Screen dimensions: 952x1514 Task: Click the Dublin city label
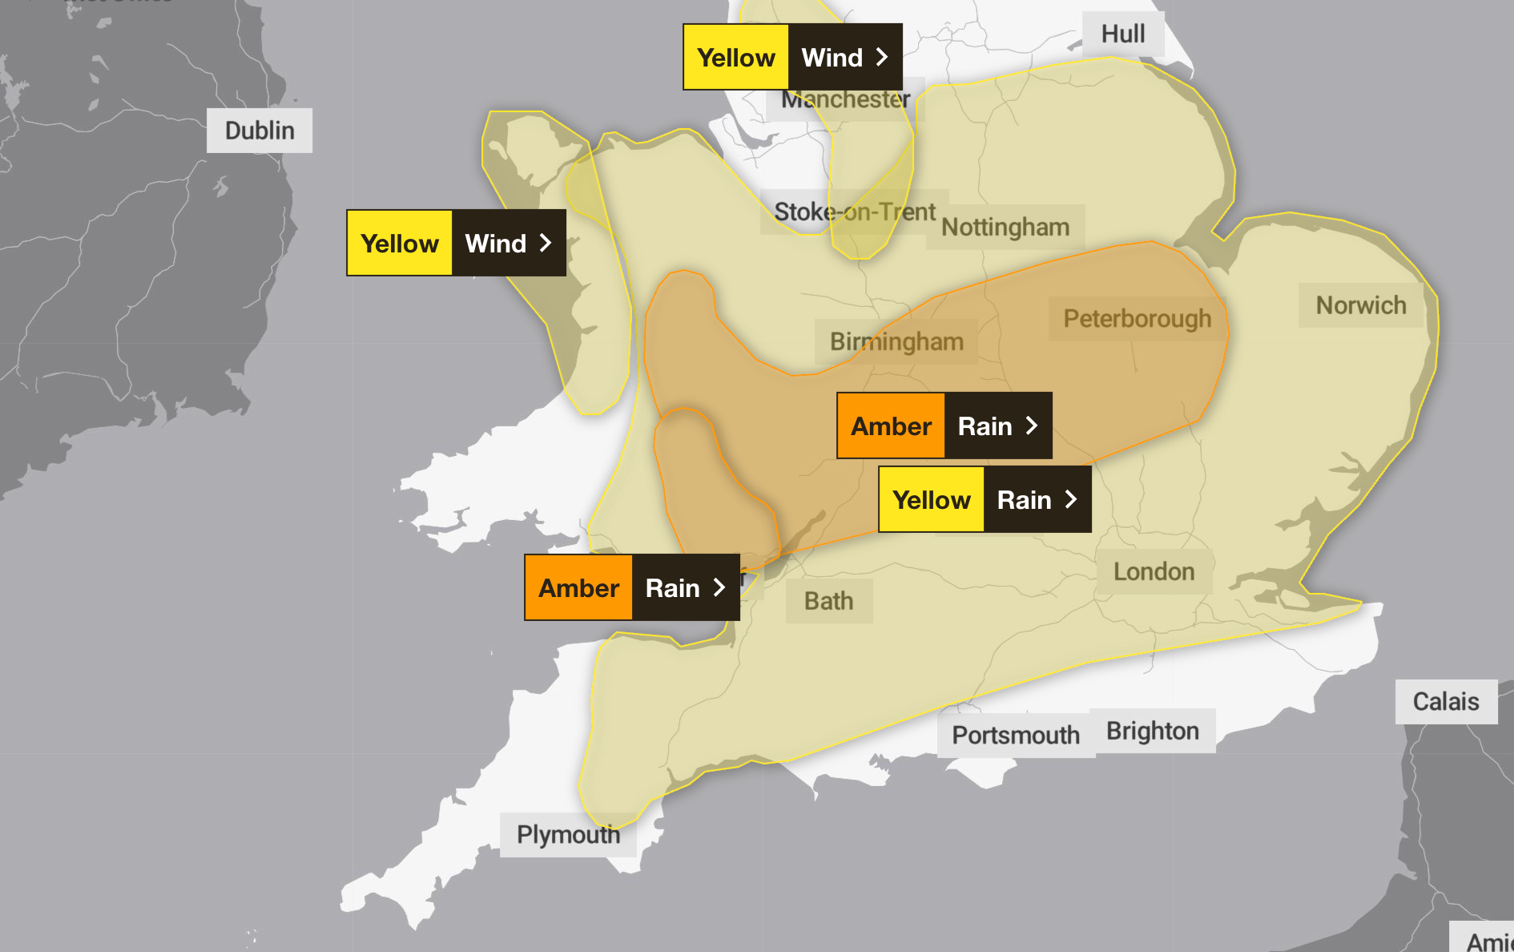(259, 131)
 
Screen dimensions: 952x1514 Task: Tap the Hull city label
(1122, 34)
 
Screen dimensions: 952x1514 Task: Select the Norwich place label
(1360, 305)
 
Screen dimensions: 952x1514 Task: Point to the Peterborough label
(1137, 319)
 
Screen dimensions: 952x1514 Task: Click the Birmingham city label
(896, 342)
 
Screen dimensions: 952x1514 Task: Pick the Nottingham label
(1005, 228)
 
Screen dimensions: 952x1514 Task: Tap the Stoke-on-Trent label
(854, 212)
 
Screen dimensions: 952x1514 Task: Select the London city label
(1153, 572)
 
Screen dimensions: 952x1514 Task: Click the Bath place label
(828, 602)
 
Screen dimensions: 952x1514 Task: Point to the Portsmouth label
(1015, 736)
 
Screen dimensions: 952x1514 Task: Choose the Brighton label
(1152, 732)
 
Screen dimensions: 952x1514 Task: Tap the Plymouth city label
(567, 835)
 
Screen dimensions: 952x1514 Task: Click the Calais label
(1445, 702)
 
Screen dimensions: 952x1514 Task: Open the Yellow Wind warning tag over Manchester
(791, 57)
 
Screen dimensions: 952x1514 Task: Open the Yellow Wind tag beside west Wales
(455, 243)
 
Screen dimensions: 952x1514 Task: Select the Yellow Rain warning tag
(984, 500)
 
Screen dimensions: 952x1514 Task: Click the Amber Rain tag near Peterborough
(944, 426)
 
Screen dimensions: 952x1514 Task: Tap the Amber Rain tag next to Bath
(631, 587)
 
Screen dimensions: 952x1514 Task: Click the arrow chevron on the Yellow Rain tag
(1071, 500)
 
